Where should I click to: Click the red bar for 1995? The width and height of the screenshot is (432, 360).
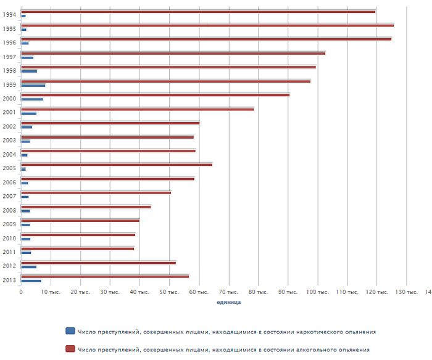pyautogui.click(x=207, y=25)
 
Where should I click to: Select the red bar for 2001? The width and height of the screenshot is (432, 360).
pyautogui.click(x=137, y=109)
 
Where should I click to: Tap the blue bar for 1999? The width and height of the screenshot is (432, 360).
pyautogui.click(x=33, y=85)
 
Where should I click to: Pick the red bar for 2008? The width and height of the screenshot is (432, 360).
pyautogui.click(x=86, y=207)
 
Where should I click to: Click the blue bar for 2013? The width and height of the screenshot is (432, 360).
pyautogui.click(x=31, y=280)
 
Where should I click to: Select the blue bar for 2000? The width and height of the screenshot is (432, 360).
pyautogui.click(x=32, y=99)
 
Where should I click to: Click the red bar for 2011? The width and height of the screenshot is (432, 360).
pyautogui.click(x=78, y=248)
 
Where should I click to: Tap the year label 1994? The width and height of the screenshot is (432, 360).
pyautogui.click(x=9, y=14)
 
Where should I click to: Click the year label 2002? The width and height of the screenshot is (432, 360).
pyautogui.click(x=9, y=126)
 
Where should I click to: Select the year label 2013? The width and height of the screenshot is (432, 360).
pyautogui.click(x=9, y=280)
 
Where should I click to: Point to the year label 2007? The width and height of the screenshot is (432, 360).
pyautogui.click(x=9, y=196)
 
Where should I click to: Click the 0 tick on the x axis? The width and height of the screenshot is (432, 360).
pyautogui.click(x=22, y=292)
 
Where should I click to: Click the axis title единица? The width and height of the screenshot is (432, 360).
pyautogui.click(x=229, y=302)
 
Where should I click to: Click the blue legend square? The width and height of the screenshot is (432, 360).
pyautogui.click(x=70, y=332)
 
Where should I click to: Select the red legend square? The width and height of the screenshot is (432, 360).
pyautogui.click(x=70, y=350)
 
